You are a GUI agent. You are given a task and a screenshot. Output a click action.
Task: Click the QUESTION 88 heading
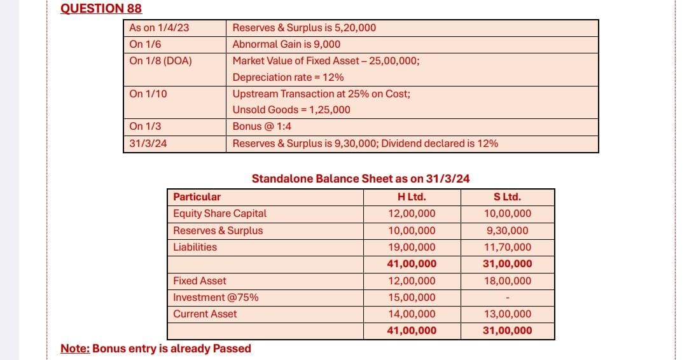click(101, 8)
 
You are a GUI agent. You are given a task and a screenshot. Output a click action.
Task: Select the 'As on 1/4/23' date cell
click(159, 28)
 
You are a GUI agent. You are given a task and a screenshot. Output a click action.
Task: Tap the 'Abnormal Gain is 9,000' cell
click(286, 45)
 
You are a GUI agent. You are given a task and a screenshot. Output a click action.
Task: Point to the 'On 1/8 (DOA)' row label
click(160, 61)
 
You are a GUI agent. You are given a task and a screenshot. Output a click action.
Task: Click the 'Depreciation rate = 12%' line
click(288, 78)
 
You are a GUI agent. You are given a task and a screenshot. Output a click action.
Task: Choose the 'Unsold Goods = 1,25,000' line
click(291, 109)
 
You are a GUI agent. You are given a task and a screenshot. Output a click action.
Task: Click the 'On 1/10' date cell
click(148, 93)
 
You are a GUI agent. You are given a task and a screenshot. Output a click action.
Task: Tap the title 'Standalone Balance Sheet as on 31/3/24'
click(361, 179)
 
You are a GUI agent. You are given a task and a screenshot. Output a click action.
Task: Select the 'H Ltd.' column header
click(412, 197)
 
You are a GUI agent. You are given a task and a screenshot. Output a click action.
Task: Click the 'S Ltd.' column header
click(507, 197)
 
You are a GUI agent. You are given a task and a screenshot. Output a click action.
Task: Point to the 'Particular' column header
click(197, 197)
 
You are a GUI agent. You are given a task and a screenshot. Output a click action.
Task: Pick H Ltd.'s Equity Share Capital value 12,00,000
click(412, 214)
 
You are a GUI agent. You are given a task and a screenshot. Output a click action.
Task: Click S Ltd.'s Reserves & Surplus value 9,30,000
click(507, 231)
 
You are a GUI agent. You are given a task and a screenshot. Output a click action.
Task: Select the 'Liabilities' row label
click(195, 247)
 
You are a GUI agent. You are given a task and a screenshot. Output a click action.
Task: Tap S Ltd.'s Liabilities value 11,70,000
click(507, 247)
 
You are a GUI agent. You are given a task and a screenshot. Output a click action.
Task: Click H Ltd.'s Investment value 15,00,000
click(412, 297)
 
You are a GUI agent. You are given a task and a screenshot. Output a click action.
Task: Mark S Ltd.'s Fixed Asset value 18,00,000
click(507, 280)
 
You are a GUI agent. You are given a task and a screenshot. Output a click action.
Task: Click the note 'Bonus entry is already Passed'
click(156, 349)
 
